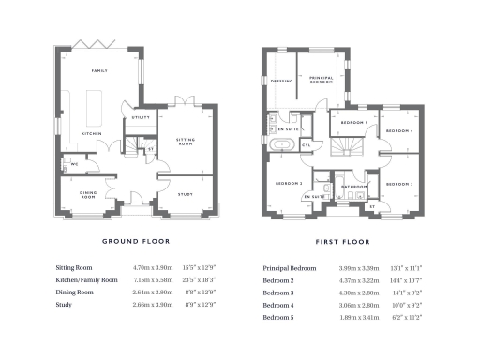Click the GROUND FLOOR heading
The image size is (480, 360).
[136, 240]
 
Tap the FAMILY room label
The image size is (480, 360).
[99, 71]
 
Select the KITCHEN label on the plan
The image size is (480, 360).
[91, 133]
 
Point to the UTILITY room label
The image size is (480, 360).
[141, 117]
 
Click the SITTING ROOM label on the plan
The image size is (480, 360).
[186, 142]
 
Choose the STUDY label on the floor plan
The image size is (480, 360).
[186, 194]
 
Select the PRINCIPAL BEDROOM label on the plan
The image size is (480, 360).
[322, 81]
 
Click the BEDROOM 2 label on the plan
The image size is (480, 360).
[288, 184]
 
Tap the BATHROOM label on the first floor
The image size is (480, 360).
[353, 187]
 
